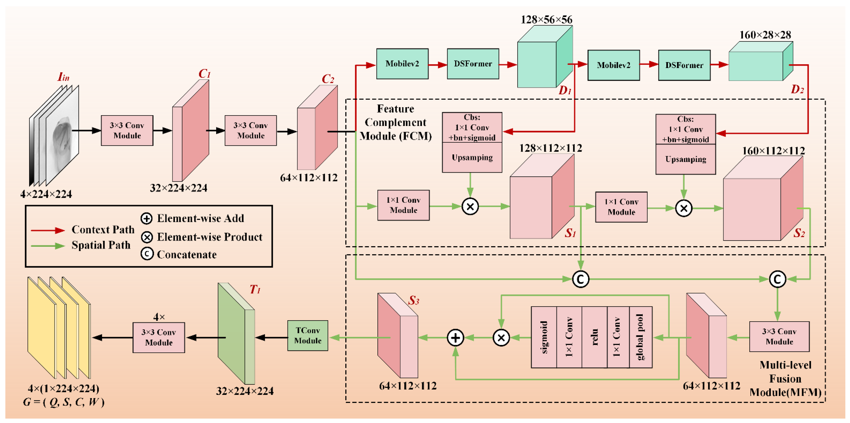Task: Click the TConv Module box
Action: click(x=308, y=336)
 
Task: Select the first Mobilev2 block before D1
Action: click(x=402, y=64)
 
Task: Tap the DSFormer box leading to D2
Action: click(x=684, y=65)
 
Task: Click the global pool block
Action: click(x=640, y=337)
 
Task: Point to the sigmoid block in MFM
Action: click(x=544, y=337)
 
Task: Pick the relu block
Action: click(x=594, y=337)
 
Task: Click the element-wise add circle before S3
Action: click(x=455, y=338)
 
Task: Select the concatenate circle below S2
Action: click(x=777, y=279)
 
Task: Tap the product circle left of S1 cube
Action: click(x=470, y=207)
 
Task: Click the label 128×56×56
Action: click(x=546, y=20)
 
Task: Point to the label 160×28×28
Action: click(x=765, y=35)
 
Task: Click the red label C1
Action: click(x=204, y=74)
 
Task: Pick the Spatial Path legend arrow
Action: click(x=48, y=246)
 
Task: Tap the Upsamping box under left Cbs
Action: click(x=472, y=157)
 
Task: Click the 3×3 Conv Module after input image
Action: click(x=127, y=130)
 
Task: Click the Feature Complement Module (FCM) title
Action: click(x=395, y=123)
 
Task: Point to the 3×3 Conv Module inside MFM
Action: click(x=779, y=337)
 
